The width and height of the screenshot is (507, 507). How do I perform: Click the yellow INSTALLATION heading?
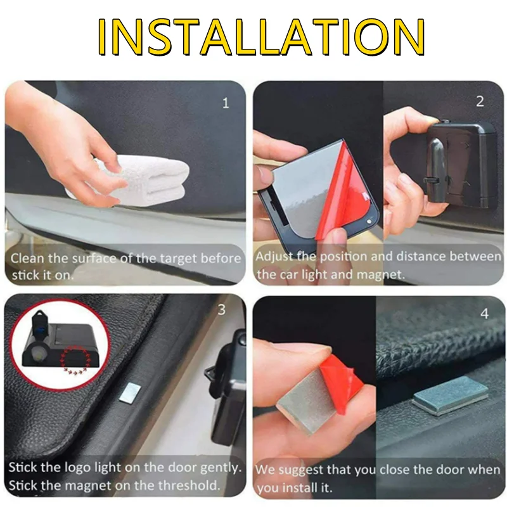tap(261, 37)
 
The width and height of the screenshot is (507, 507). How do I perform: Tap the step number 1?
tap(226, 103)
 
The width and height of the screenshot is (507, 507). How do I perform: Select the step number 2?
tap(480, 101)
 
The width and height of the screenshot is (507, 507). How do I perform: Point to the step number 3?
tap(221, 310)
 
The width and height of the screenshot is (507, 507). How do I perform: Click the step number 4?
tap(484, 314)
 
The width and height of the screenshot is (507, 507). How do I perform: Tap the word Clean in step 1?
tap(27, 259)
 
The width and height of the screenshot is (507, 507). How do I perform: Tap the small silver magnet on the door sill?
tap(130, 392)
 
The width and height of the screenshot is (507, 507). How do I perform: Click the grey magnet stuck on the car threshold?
tap(449, 395)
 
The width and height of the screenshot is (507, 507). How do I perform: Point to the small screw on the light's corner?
tap(369, 222)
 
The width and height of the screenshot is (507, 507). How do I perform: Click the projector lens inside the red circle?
tap(35, 355)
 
